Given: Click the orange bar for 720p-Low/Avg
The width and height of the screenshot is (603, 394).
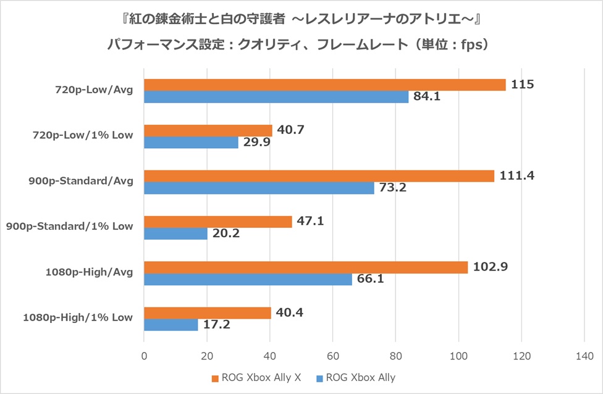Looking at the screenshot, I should click(x=324, y=85).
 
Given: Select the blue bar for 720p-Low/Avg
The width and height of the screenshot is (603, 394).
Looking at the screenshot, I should click(x=276, y=97).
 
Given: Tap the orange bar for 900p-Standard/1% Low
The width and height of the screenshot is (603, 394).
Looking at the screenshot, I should click(x=217, y=222).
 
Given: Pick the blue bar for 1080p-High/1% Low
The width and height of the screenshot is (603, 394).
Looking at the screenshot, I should click(x=171, y=325).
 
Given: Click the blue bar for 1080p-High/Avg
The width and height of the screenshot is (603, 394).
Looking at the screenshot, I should click(x=248, y=279).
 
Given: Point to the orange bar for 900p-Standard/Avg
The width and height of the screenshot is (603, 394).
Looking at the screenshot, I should click(x=319, y=176).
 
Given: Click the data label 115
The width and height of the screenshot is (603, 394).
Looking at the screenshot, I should click(x=522, y=84).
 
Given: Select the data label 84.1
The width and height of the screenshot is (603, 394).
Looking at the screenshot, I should click(x=426, y=96).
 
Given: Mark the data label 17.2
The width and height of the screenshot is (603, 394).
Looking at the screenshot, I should click(x=216, y=325).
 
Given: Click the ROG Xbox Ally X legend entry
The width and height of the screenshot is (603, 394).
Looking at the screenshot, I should click(x=256, y=377).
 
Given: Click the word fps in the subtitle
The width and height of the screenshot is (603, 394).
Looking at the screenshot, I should click(x=473, y=45).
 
